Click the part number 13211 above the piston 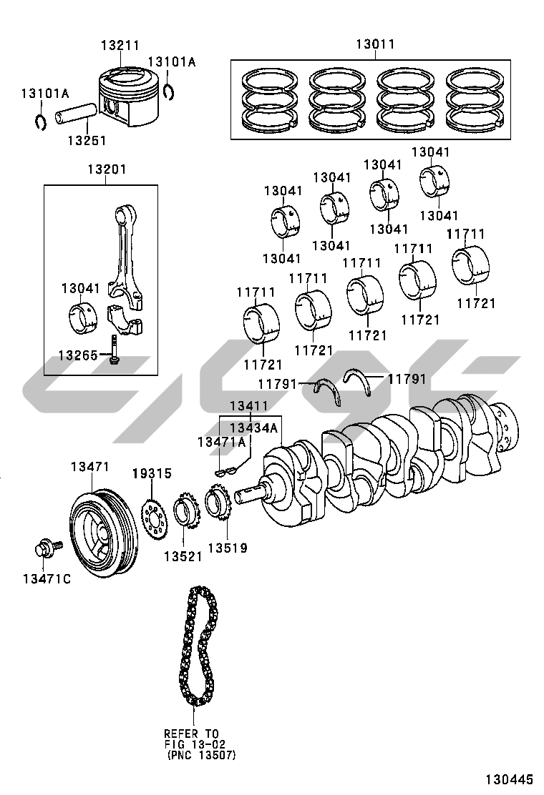(x=120, y=45)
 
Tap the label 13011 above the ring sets (x=375, y=44)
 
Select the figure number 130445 (x=507, y=779)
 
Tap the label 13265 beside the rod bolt (x=77, y=355)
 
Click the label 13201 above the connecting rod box (x=107, y=169)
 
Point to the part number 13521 (x=183, y=556)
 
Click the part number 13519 (x=228, y=548)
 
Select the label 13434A (x=253, y=428)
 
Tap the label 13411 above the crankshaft (x=249, y=405)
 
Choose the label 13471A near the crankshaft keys (x=221, y=442)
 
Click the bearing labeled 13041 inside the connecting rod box (x=83, y=319)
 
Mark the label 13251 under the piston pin (x=87, y=140)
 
